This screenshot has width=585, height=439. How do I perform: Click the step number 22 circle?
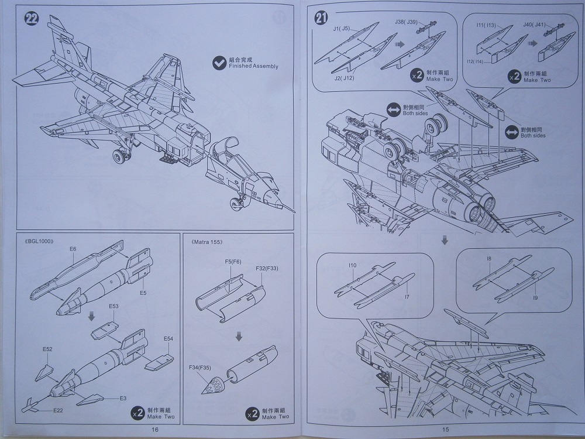(x=31, y=19)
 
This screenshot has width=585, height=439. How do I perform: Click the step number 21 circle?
(x=321, y=18)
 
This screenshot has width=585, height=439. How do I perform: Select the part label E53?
(x=113, y=306)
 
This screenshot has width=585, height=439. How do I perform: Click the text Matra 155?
(x=207, y=241)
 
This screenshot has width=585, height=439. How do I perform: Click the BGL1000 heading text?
(x=40, y=241)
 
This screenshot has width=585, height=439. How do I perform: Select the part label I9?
(x=535, y=298)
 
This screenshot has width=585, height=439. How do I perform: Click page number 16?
(x=154, y=430)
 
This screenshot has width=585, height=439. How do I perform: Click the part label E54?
(x=168, y=339)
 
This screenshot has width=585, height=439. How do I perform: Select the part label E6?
(x=73, y=249)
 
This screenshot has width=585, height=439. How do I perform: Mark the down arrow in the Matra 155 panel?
(x=239, y=337)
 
